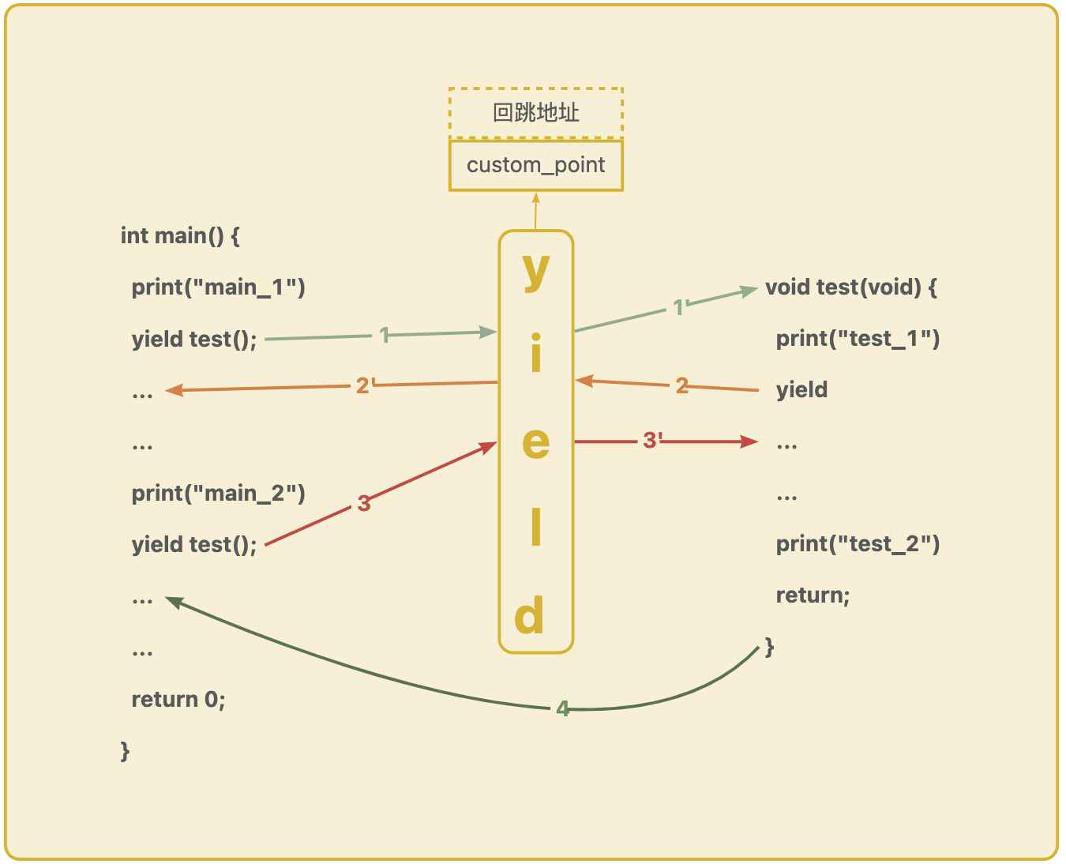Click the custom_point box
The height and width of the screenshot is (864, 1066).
pos(535,165)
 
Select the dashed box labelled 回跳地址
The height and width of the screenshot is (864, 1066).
pos(535,113)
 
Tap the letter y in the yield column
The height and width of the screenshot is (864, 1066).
pos(536,270)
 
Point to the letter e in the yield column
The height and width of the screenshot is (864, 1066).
pos(536,442)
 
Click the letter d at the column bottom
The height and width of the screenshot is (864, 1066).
pos(530,616)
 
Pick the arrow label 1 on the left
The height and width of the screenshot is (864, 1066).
pos(385,335)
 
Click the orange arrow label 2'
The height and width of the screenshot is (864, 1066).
pos(364,385)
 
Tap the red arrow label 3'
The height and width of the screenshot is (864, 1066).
pos(652,440)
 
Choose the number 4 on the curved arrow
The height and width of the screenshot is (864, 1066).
pos(562,708)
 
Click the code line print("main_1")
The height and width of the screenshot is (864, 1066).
pos(218,287)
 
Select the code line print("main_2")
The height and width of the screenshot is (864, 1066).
pos(218,493)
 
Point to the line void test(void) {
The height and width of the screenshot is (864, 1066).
pos(851,287)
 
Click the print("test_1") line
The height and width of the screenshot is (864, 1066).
pos(858,338)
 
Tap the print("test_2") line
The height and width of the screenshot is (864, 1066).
pos(858,543)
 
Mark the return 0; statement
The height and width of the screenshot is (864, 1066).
pos(178,699)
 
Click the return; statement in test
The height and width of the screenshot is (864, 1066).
pos(813,595)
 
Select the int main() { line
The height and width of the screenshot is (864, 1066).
pos(180,235)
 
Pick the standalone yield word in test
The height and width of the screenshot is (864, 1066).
pos(801,389)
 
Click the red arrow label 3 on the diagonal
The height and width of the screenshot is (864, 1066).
pos(363,503)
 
